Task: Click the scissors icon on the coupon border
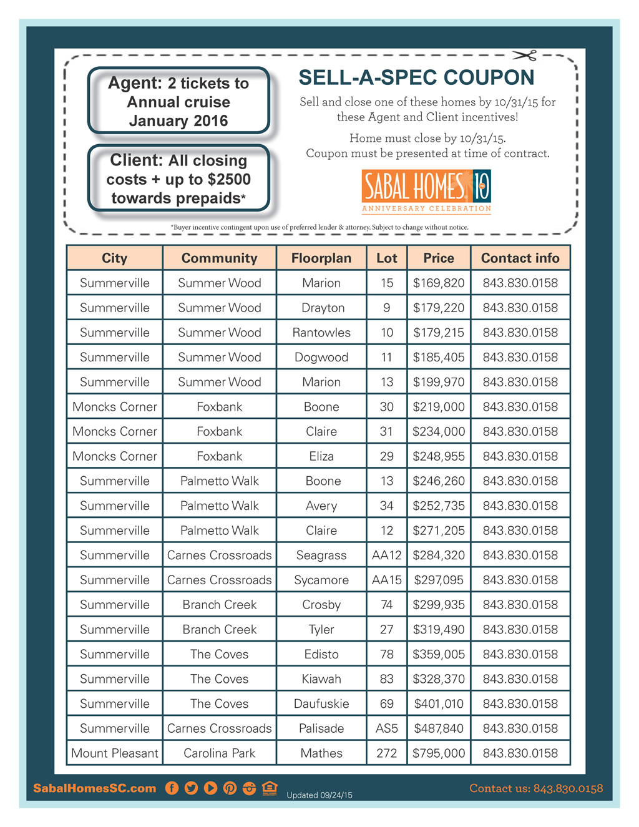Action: [x=525, y=56]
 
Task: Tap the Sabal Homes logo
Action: [x=426, y=190]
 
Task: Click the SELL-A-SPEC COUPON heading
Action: [x=416, y=77]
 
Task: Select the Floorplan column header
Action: [x=321, y=258]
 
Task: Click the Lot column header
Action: [x=386, y=258]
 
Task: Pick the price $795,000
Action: [x=439, y=753]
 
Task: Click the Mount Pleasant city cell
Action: [x=115, y=753]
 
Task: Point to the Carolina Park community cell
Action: [x=219, y=753]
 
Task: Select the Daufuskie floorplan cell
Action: [x=321, y=703]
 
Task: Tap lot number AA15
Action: [x=386, y=580]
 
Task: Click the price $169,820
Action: [x=439, y=283]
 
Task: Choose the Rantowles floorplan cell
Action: [x=321, y=332]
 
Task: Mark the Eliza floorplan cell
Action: [x=321, y=456]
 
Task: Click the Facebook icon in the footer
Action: [x=172, y=788]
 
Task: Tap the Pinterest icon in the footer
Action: [x=230, y=788]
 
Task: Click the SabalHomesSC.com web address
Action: [x=94, y=788]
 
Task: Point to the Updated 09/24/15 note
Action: [x=319, y=795]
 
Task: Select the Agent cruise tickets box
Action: [x=178, y=101]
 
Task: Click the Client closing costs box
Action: [x=178, y=179]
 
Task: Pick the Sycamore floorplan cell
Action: [x=321, y=580]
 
